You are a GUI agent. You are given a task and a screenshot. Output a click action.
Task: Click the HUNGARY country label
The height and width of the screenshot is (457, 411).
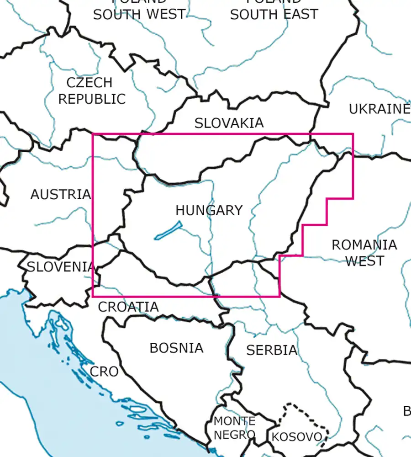pos(209,210)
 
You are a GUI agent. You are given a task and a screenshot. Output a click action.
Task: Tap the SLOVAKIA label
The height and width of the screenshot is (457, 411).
pos(229,123)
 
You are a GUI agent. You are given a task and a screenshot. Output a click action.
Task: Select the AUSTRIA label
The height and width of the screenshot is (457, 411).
pos(61,194)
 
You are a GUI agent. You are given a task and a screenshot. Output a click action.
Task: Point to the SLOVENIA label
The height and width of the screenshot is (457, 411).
pos(61,266)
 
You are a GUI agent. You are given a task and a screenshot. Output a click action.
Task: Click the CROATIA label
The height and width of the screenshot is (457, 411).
pos(128,307)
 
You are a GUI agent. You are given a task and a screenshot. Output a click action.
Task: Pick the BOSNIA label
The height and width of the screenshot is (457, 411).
pos(176,348)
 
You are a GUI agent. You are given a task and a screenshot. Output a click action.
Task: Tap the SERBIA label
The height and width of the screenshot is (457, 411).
pos(272,350)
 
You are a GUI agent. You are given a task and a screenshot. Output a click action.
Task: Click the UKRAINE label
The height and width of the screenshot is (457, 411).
pos(379,109)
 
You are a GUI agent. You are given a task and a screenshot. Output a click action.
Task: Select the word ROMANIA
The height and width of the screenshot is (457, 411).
pos(364,245)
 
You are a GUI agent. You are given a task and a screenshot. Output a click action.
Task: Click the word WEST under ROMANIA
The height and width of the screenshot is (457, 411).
pos(364,261)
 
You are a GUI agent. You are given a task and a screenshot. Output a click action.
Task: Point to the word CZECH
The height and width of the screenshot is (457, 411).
pos(89,83)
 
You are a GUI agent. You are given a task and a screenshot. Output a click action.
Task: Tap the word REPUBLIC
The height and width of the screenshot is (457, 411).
pos(92,99)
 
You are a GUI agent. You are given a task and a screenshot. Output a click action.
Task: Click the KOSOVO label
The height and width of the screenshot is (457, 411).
pos(297,437)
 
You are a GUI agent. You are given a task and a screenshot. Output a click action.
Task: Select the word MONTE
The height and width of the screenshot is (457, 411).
pos(235,421)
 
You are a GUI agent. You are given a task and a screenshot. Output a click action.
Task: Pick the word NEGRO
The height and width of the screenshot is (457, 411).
pos(234,435)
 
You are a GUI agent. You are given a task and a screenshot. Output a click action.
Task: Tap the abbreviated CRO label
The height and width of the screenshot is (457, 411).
pos(104,372)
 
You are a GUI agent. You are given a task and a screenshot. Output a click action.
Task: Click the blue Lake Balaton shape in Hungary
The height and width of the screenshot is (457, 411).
pos(168,230)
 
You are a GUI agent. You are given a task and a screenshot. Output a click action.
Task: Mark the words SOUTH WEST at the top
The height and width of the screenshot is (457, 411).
pos(139,14)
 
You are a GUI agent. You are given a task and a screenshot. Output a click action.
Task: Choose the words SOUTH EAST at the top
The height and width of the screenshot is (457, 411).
pos(274,14)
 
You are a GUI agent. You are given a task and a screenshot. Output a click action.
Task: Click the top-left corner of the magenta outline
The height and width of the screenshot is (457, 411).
pos(93,134)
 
